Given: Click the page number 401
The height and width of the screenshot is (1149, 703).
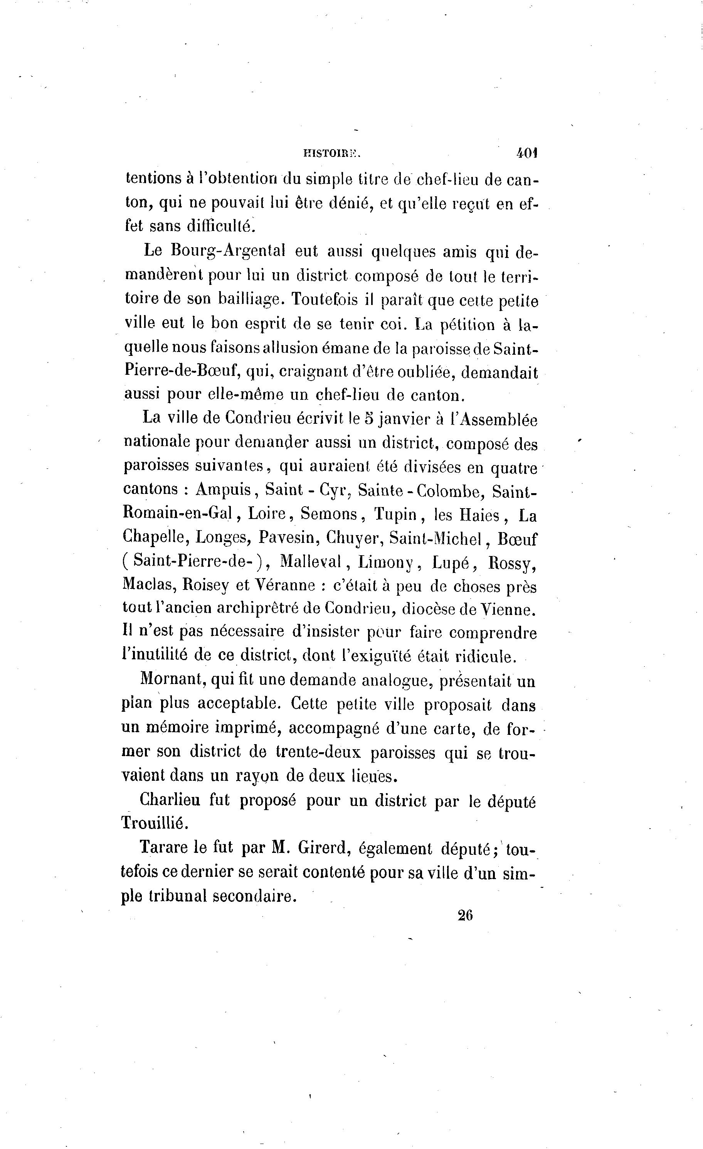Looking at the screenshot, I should pos(527,153).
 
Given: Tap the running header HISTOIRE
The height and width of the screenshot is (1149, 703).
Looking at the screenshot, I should pos(332,153).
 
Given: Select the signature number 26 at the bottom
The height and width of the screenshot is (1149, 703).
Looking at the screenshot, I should pos(465,915).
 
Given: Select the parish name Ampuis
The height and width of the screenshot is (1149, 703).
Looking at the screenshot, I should pos(224,490).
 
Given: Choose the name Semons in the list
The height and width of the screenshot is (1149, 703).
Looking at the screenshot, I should pos(329,514).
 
